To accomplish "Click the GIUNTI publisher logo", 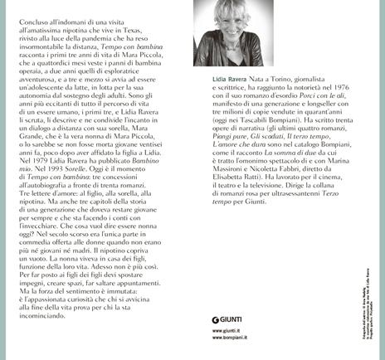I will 240,317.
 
